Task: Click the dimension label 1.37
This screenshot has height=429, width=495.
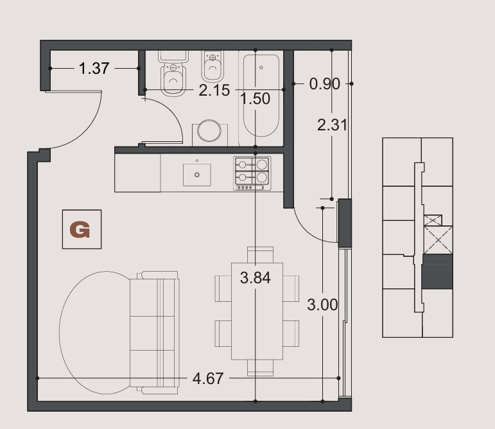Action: [94, 68]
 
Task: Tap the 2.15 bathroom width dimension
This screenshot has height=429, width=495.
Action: [214, 91]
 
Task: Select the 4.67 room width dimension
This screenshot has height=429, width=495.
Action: [208, 378]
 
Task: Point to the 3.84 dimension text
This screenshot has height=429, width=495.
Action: [255, 278]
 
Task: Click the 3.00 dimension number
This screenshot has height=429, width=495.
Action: [322, 305]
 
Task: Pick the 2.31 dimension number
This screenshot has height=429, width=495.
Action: [332, 125]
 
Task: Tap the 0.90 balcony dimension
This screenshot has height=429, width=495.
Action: [324, 84]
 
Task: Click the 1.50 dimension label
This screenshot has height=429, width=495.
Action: [255, 98]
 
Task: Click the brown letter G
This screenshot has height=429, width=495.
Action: [80, 230]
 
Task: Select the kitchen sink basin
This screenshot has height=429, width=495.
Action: [197, 175]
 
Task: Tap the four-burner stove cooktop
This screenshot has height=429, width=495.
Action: [252, 173]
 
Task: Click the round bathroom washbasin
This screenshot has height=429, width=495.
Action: [209, 130]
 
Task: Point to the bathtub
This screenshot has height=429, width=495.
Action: [261, 96]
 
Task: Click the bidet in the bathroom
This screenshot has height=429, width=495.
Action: [213, 66]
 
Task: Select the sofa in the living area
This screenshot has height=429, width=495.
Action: [154, 333]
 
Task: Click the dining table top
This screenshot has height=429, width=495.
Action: [257, 311]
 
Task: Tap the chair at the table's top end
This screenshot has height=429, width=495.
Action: [260, 254]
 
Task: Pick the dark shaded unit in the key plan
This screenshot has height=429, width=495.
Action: [437, 272]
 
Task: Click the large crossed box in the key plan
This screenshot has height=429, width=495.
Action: [438, 240]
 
